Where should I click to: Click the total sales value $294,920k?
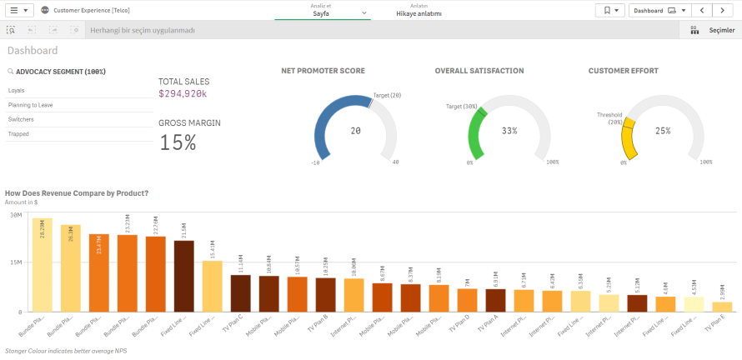pos(183,94)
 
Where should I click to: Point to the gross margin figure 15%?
pos(178,142)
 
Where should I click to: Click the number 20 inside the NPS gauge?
pos(355,131)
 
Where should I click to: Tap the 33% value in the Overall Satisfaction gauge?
pos(509,131)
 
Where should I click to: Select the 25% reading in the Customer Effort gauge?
pos(663,131)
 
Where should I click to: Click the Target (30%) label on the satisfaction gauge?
pos(461,107)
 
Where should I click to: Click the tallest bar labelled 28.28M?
pos(42,265)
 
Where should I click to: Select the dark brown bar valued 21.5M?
pos(183,276)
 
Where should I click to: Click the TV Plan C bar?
pos(240,292)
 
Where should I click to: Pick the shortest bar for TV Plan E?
pos(722,306)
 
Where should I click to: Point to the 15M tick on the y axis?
pos(15,262)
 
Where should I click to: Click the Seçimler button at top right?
pos(713,30)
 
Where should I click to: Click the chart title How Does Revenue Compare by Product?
pos(77,193)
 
